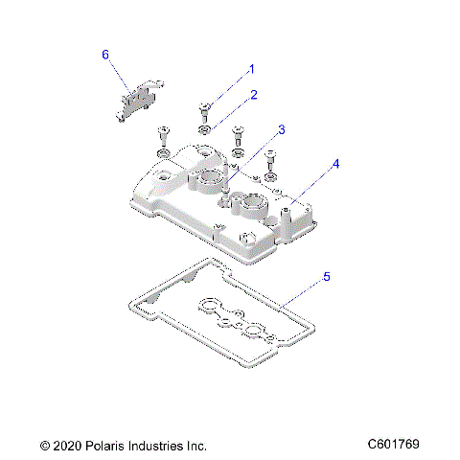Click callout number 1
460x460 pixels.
(x=252, y=69)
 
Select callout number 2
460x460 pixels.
(x=254, y=95)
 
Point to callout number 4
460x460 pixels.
(x=334, y=164)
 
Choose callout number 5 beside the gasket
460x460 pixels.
(x=327, y=277)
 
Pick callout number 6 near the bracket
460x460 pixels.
(x=105, y=55)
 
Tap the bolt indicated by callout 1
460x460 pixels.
(x=205, y=108)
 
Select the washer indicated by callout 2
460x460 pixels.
(x=205, y=127)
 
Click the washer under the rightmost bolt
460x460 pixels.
(x=271, y=176)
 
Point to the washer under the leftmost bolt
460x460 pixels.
(x=163, y=152)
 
